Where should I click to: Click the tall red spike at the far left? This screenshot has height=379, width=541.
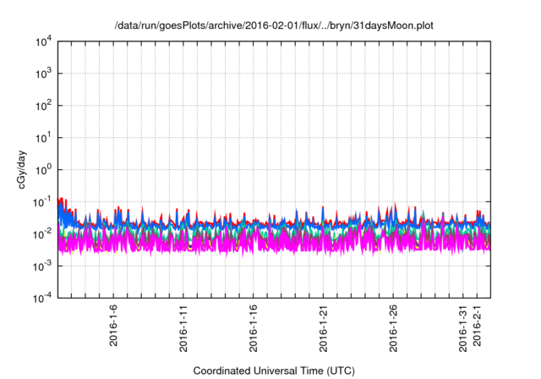coord(61,204)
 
